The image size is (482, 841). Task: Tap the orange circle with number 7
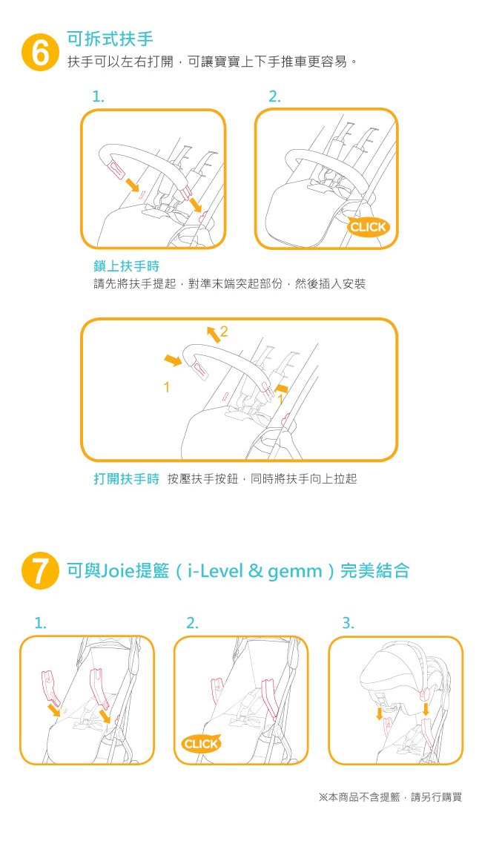40,571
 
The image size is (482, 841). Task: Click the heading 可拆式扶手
110,39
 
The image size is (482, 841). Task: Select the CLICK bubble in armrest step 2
367,227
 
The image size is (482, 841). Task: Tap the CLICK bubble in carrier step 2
201,744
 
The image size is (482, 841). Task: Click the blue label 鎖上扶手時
127,266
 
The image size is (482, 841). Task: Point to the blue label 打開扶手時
127,479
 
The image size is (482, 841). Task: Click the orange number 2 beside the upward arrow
224,332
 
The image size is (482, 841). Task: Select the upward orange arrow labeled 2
213,334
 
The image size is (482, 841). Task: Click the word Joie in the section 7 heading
117,571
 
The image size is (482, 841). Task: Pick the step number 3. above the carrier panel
348,623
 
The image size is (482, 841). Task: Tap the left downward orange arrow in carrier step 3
380,713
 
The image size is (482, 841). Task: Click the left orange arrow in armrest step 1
130,185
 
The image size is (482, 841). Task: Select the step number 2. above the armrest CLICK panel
274,96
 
